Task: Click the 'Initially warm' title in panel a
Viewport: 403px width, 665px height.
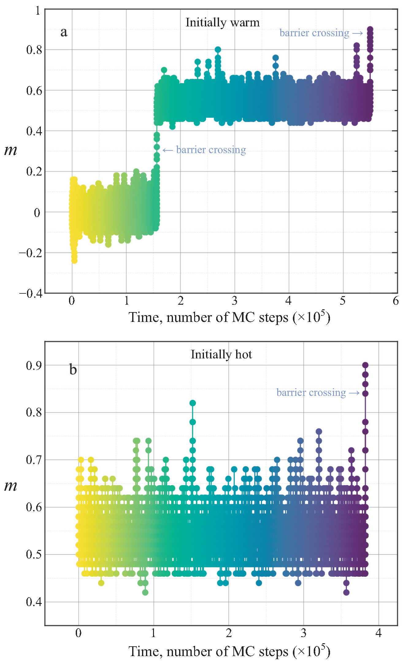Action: pyautogui.click(x=222, y=22)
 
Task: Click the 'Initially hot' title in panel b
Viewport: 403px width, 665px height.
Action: pyautogui.click(x=221, y=354)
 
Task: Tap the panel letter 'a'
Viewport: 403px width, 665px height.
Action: pyautogui.click(x=64, y=32)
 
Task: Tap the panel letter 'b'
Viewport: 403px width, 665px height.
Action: pyautogui.click(x=73, y=369)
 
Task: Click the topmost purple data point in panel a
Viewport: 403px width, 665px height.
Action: pyautogui.click(x=370, y=29)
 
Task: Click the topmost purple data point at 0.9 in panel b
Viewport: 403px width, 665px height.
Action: pyautogui.click(x=365, y=365)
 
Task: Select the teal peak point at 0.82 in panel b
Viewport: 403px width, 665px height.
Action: pyautogui.click(x=193, y=403)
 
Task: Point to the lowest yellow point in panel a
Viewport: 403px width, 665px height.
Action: pyautogui.click(x=74, y=261)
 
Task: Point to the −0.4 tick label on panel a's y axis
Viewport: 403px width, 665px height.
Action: pyautogui.click(x=31, y=293)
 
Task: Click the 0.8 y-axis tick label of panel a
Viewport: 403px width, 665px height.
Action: pyautogui.click(x=34, y=50)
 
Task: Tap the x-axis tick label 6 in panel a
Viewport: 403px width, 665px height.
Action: pyautogui.click(x=396, y=301)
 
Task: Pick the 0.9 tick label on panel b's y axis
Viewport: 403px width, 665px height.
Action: pyautogui.click(x=34, y=365)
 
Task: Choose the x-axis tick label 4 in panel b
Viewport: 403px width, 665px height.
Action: pyautogui.click(x=378, y=633)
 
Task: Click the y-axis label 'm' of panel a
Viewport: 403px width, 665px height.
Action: pyautogui.click(x=11, y=150)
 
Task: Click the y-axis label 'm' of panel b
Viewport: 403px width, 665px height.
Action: pyautogui.click(x=11, y=486)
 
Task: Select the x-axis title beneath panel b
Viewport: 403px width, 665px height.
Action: pyautogui.click(x=229, y=651)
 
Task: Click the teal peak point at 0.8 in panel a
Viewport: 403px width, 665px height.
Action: pyautogui.click(x=218, y=50)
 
